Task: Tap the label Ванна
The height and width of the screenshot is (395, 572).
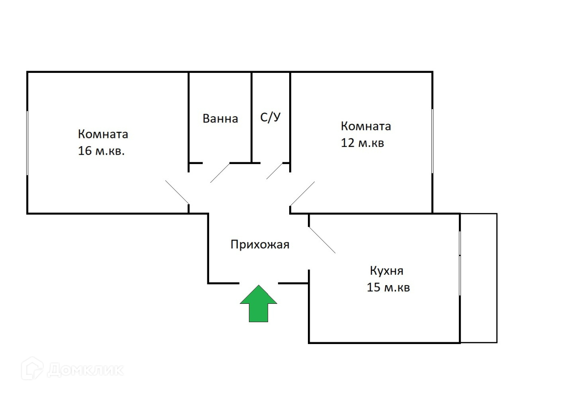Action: (x=220, y=119)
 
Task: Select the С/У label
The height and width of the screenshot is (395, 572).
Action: (x=271, y=118)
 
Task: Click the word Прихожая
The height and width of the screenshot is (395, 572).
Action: (x=260, y=244)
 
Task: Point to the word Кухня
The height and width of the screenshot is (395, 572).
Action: (x=387, y=271)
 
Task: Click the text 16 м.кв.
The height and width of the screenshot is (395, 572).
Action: (x=101, y=151)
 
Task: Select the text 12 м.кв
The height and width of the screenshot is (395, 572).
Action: (x=362, y=143)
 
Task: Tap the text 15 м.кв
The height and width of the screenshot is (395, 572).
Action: (x=388, y=287)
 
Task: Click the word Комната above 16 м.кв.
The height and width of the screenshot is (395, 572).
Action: (x=103, y=134)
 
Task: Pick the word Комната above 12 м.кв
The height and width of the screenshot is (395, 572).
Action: (x=366, y=126)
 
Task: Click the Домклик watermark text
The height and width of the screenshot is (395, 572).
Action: (x=85, y=370)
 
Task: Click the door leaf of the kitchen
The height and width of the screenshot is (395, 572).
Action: (x=322, y=240)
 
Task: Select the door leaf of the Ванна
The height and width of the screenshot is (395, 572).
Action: (x=220, y=172)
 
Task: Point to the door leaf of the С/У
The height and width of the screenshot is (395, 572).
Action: (x=274, y=171)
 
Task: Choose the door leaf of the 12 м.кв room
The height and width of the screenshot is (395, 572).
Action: (x=303, y=193)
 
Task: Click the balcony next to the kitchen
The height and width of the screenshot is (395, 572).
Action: (x=479, y=278)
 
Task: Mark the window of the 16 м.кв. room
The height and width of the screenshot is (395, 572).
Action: (x=27, y=143)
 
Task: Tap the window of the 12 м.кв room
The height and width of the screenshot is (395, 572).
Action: (x=432, y=141)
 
